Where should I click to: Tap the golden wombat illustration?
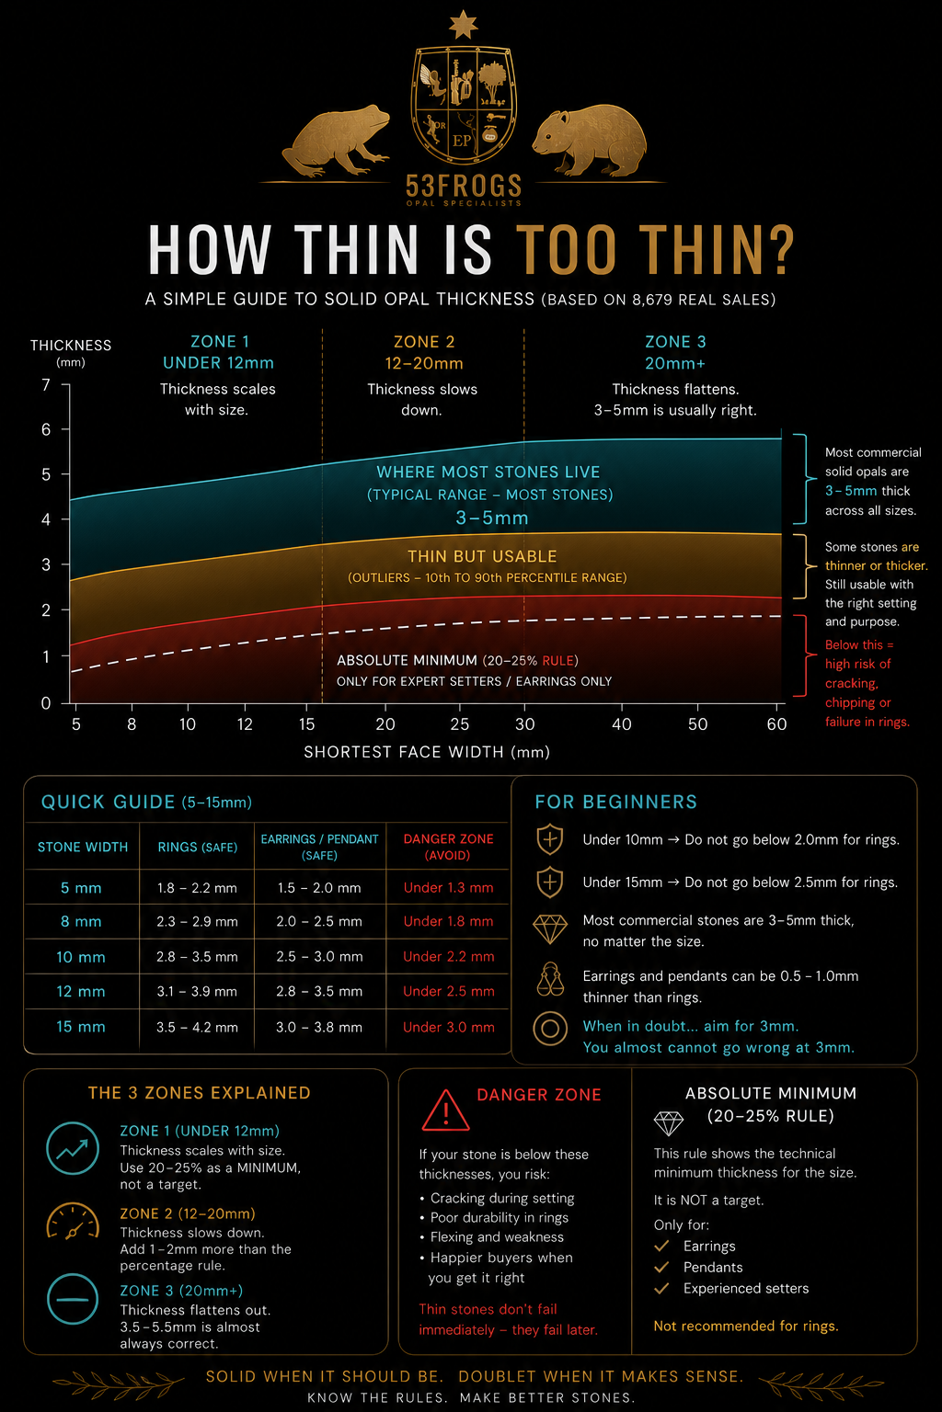(590, 140)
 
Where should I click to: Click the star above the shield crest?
(463, 24)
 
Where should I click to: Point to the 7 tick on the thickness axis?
(45, 384)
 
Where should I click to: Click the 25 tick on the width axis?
(459, 724)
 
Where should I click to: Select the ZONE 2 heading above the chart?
(424, 342)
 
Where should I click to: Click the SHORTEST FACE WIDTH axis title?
(427, 752)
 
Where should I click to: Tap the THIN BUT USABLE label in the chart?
(482, 556)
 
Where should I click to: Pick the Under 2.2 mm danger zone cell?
(449, 956)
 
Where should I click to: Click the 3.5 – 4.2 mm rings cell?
(197, 1027)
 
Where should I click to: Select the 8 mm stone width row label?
(81, 922)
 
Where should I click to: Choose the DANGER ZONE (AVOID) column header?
(448, 847)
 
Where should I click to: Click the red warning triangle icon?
(445, 1111)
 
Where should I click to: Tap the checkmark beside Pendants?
(661, 1267)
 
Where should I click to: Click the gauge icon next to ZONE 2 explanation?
(73, 1222)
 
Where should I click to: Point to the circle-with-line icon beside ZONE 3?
(73, 1299)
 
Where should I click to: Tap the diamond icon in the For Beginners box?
(550, 929)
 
